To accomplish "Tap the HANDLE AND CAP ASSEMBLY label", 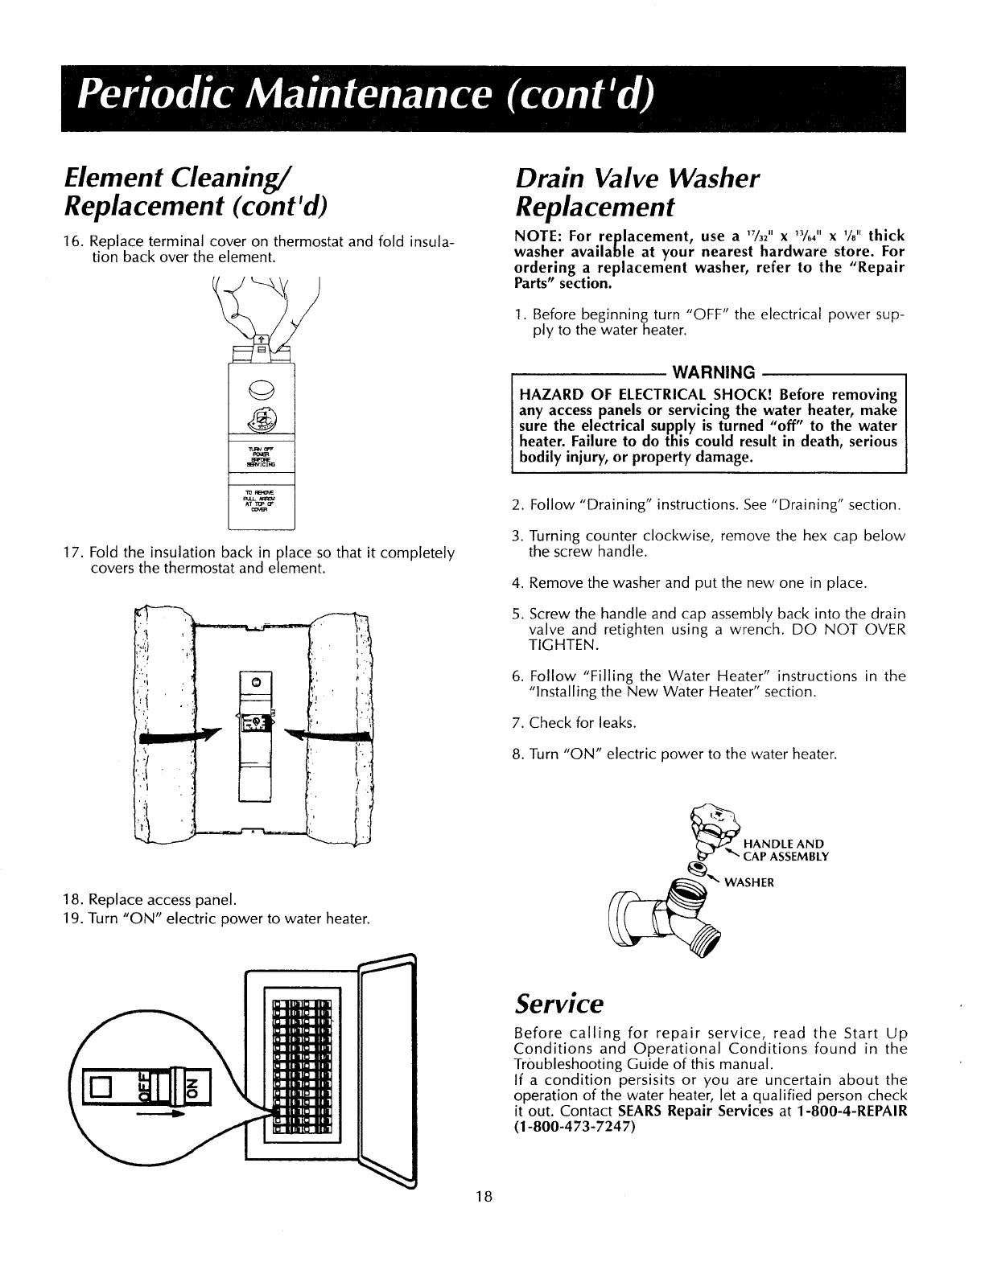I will click(784, 849).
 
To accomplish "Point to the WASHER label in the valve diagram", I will click(749, 882).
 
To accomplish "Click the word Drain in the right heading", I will click(550, 179).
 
